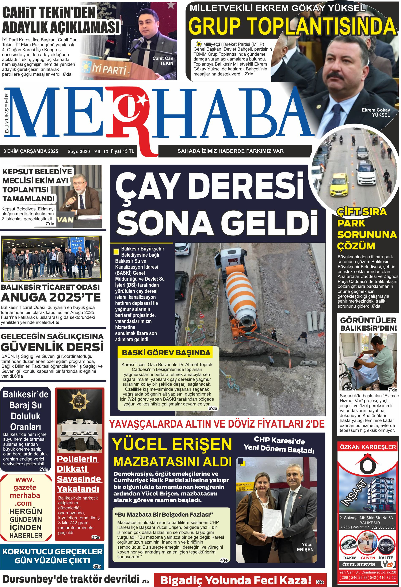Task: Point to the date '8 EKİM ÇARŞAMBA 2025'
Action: (31, 151)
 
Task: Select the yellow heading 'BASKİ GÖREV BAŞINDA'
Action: (166, 353)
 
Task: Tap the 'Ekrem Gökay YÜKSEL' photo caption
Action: (376, 112)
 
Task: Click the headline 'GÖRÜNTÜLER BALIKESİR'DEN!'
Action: (368, 324)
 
